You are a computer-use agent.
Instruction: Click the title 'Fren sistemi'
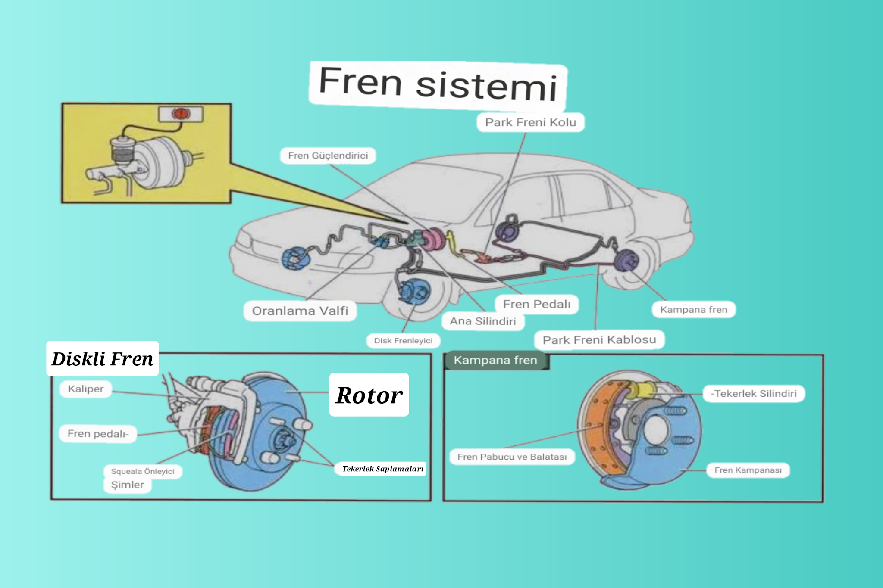tap(438, 84)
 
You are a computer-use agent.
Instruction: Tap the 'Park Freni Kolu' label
tap(530, 122)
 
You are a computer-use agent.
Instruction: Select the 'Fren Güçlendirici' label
tap(328, 156)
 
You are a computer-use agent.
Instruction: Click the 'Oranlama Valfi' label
tap(300, 311)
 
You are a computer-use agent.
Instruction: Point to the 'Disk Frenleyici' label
tap(403, 341)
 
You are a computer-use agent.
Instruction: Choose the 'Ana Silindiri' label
tap(482, 321)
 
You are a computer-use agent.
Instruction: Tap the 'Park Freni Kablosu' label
tap(599, 340)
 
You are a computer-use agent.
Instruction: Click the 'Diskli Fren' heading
tap(102, 358)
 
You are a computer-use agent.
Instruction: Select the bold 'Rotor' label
tap(369, 395)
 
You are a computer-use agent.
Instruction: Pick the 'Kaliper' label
tap(86, 389)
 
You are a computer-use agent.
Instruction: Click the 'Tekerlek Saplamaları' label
tap(382, 469)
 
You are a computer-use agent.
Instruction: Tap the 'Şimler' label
tap(127, 485)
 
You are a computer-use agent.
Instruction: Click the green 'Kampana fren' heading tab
tap(495, 360)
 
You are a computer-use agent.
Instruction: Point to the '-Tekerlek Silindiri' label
tap(754, 393)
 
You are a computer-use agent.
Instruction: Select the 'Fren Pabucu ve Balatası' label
tap(512, 457)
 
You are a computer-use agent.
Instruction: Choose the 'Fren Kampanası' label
tap(748, 470)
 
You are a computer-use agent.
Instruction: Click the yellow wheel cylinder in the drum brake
tap(641, 390)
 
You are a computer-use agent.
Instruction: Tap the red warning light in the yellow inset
tap(181, 113)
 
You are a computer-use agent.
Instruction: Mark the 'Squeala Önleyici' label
tap(142, 471)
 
